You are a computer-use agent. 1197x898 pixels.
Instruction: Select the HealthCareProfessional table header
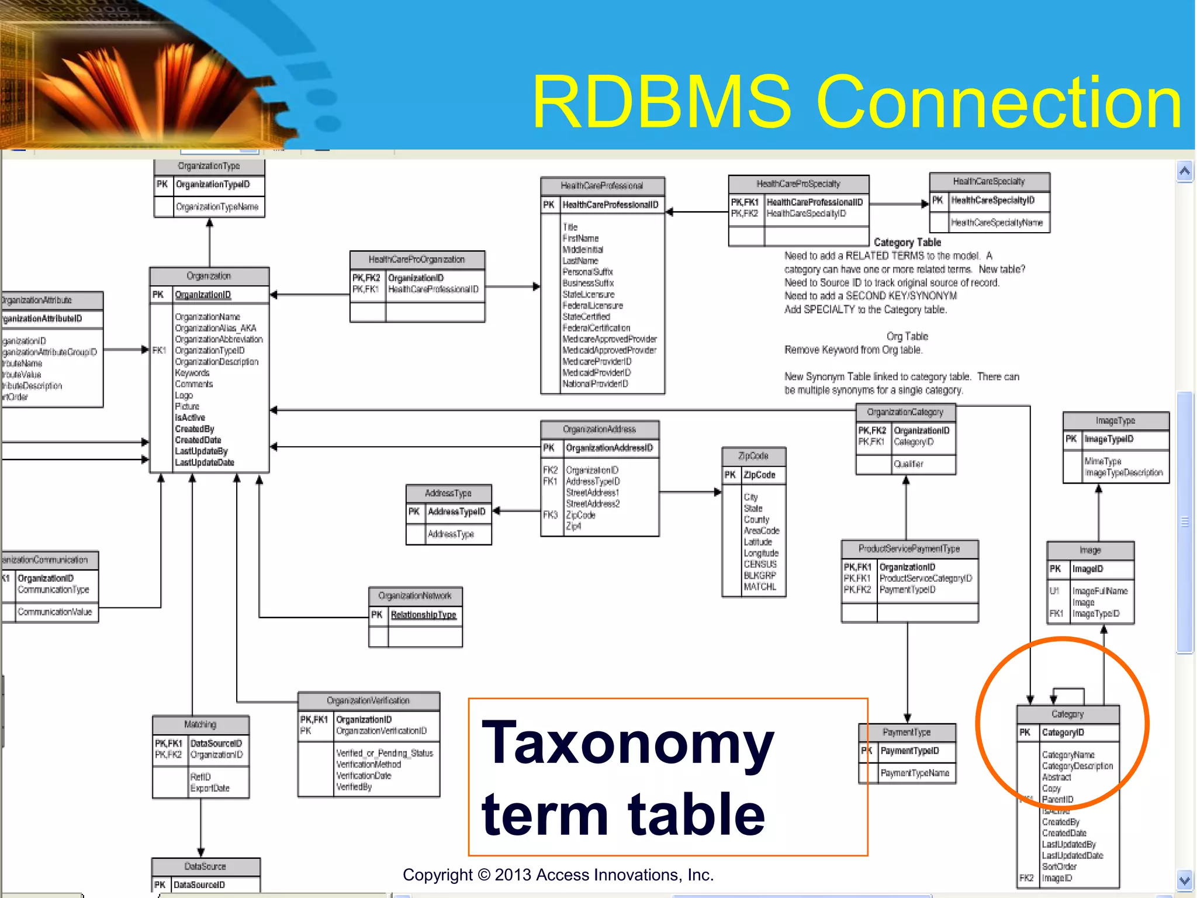click(602, 186)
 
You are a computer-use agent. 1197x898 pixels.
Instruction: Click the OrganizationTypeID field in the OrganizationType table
click(213, 185)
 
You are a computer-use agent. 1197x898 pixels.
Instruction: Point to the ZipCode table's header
click(753, 456)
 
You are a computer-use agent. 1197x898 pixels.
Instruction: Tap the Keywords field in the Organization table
click(192, 373)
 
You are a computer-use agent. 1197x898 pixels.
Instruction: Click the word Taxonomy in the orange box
click(628, 744)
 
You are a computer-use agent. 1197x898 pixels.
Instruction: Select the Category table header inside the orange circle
click(1067, 714)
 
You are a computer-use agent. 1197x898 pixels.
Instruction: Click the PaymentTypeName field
click(915, 773)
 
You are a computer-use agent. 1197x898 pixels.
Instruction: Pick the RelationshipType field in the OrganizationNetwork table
click(423, 615)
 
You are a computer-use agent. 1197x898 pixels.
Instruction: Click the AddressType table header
click(448, 493)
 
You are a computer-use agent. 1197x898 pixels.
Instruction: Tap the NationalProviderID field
click(595, 384)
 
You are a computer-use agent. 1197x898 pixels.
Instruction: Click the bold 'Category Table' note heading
click(907, 243)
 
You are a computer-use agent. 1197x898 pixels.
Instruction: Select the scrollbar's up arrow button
click(1185, 171)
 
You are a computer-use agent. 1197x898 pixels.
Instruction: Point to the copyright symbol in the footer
click(484, 875)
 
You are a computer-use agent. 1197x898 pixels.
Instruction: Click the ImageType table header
click(1115, 421)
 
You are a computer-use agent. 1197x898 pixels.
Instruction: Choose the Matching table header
click(200, 725)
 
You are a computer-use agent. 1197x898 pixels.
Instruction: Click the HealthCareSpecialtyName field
click(997, 223)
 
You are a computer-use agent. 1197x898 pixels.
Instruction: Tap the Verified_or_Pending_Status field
click(385, 754)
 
